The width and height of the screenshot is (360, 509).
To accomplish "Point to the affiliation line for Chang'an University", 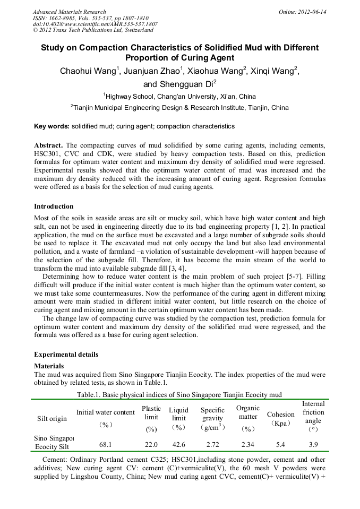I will tap(179, 97).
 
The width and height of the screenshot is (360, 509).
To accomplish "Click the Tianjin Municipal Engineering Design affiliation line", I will tap(179, 108).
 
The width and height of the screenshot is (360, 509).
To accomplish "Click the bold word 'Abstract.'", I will tap(49, 145).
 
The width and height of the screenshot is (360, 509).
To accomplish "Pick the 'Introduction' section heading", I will tap(54, 206).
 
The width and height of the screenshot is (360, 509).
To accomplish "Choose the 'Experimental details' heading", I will tap(66, 354).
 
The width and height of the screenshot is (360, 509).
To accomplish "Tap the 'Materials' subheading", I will tap(49, 366).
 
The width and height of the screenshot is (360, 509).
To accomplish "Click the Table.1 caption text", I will tap(179, 394).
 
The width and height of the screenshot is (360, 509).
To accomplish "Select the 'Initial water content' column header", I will tap(106, 412).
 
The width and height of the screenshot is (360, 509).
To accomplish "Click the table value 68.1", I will tap(106, 444).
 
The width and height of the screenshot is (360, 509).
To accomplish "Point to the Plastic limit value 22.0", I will tap(151, 444).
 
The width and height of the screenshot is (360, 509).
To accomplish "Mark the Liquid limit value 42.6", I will tap(178, 444).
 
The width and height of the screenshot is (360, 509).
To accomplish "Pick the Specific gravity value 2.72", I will tap(212, 444).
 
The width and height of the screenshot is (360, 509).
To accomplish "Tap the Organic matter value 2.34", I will tap(247, 444).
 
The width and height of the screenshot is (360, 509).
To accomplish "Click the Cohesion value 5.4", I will tap(280, 444).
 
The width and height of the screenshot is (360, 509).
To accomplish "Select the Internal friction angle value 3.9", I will tap(313, 444).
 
